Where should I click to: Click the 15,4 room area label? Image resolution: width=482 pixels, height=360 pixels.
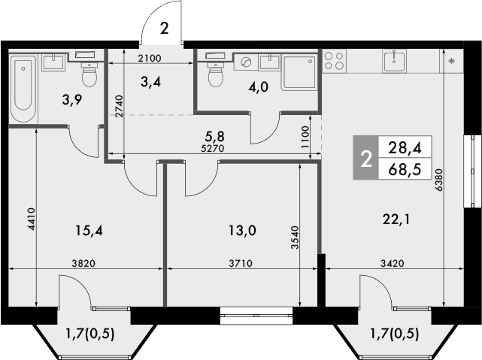tap(89, 231)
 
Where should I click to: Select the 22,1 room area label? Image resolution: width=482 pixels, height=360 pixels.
tap(397, 219)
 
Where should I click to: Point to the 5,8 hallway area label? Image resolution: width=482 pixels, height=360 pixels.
tap(216, 136)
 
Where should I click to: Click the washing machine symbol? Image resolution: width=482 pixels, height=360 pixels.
tap(246, 63)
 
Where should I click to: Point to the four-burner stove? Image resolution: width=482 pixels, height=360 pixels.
tap(334, 61)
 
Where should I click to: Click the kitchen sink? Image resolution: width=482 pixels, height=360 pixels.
tap(394, 61)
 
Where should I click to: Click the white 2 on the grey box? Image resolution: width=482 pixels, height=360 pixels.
tap(367, 159)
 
